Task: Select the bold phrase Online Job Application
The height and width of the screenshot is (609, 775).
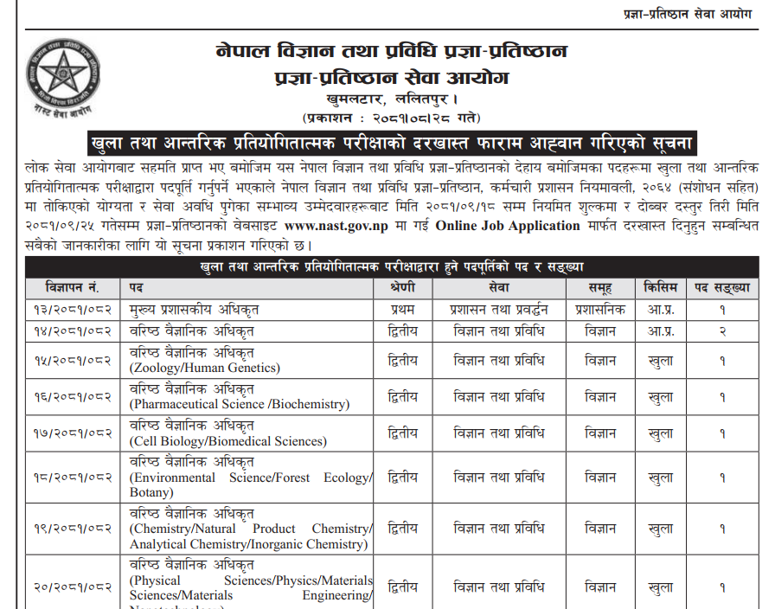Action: tap(509, 226)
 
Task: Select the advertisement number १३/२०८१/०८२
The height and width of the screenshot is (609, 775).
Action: tap(73, 309)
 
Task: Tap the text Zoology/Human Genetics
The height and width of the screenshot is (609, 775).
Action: tap(205, 368)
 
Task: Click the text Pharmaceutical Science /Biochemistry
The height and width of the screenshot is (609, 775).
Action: tap(240, 404)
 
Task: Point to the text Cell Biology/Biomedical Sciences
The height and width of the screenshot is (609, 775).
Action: tap(228, 441)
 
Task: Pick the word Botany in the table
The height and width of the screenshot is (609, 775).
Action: tap(152, 492)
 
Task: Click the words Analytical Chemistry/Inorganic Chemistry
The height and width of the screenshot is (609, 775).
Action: tap(248, 544)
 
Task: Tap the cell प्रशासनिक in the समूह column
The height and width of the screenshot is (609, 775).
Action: tap(600, 309)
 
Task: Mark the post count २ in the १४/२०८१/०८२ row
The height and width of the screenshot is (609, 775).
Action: tap(721, 331)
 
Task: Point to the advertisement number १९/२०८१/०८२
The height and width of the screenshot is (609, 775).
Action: tap(73, 529)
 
